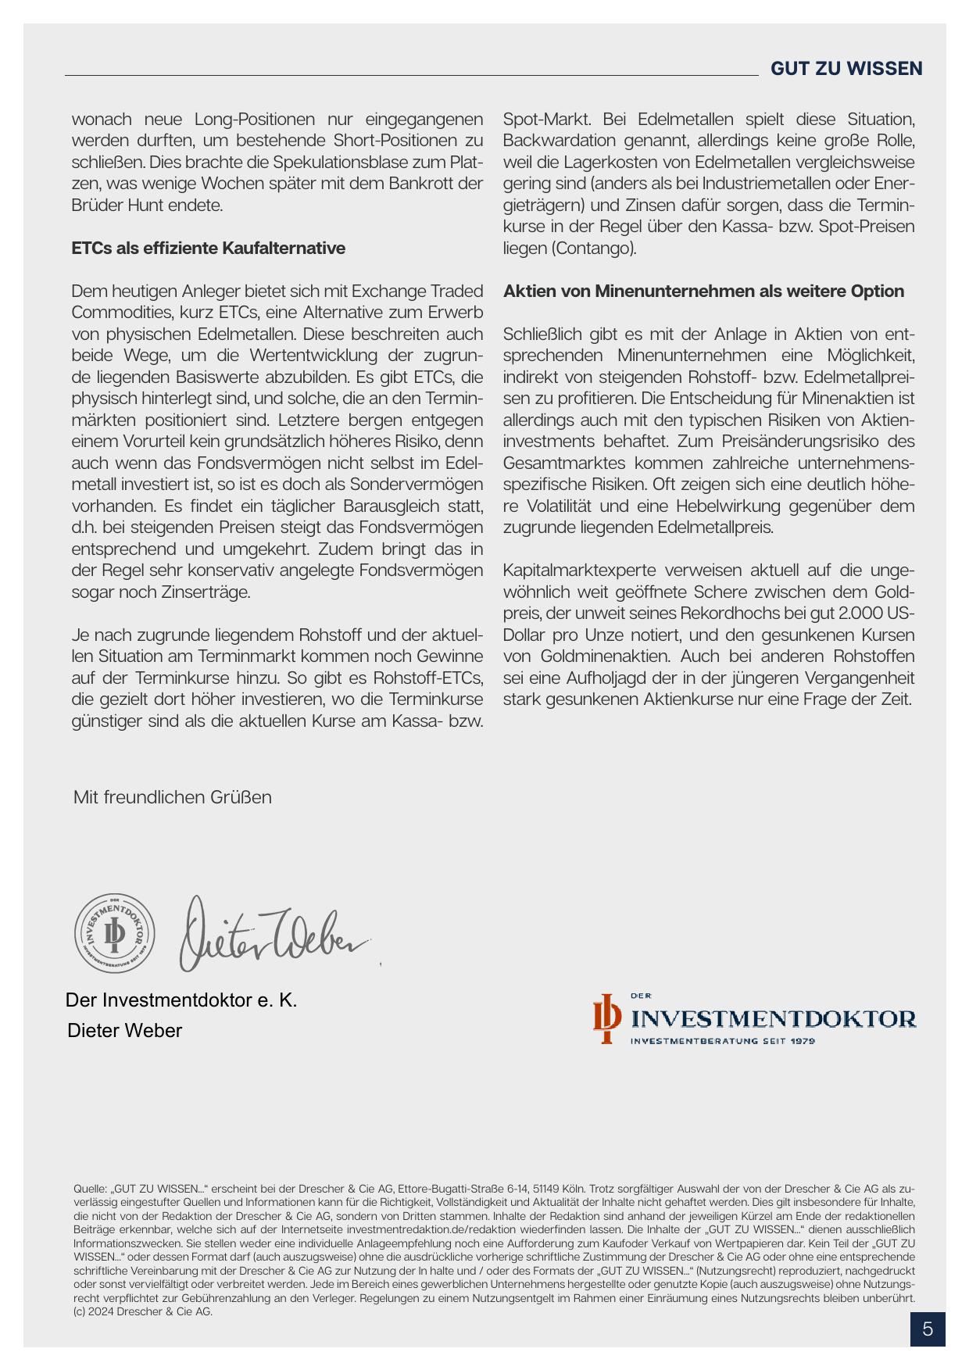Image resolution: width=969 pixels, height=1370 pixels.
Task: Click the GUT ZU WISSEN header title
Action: [x=846, y=69]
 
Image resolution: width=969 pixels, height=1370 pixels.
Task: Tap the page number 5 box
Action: [x=928, y=1329]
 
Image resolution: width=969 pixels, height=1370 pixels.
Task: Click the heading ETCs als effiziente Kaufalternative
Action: [x=208, y=249]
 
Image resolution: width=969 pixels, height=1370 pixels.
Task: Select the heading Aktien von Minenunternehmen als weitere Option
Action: [x=703, y=292]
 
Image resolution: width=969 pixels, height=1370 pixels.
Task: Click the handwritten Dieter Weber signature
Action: [x=274, y=934]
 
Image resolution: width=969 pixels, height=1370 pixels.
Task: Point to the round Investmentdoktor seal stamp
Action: [x=115, y=933]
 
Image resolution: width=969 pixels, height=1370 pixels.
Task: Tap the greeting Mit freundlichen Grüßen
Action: [x=173, y=797]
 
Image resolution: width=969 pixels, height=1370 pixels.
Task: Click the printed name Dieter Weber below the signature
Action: [x=125, y=1031]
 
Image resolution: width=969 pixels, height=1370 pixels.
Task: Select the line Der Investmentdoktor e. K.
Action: [x=181, y=1000]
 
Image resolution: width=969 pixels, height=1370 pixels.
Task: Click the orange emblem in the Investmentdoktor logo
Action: [x=606, y=1018]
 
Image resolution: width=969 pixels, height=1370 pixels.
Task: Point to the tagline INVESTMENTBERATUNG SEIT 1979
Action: [x=723, y=1041]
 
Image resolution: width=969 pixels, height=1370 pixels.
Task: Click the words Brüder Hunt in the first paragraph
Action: [x=120, y=206]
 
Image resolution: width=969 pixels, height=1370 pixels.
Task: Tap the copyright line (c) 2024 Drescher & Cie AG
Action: [x=143, y=1311]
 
